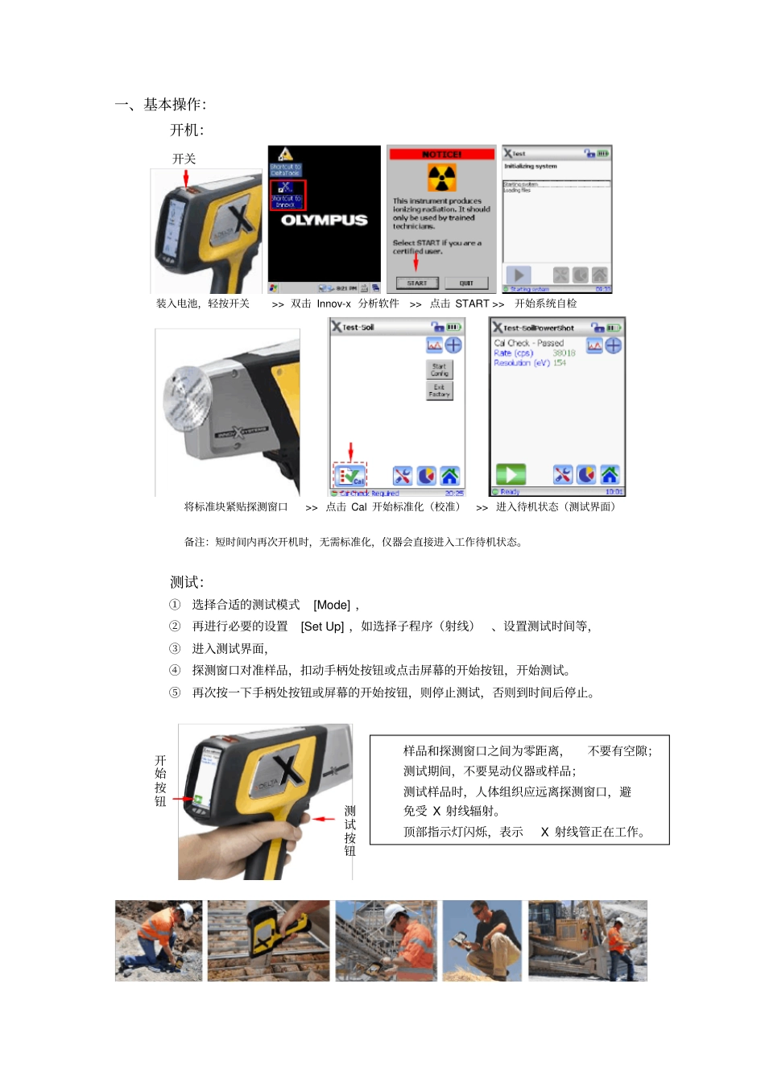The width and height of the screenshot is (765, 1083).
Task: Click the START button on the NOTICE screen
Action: pyautogui.click(x=417, y=283)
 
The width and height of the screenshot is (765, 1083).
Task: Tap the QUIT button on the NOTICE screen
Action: pyautogui.click(x=466, y=283)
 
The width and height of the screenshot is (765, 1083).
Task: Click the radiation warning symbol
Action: pyautogui.click(x=441, y=178)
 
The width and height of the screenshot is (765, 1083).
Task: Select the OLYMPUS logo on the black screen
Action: pyautogui.click(x=325, y=220)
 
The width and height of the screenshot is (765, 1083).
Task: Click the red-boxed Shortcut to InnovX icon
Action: pyautogui.click(x=287, y=195)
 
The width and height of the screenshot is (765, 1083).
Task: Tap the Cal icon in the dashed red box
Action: pyautogui.click(x=350, y=475)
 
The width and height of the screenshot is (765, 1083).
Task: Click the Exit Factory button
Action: pyautogui.click(x=439, y=391)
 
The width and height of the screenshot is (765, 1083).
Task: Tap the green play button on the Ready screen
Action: pyautogui.click(x=511, y=474)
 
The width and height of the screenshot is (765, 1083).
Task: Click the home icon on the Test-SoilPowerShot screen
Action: pyautogui.click(x=610, y=474)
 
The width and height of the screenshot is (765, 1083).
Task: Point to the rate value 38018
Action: pyautogui.click(x=564, y=353)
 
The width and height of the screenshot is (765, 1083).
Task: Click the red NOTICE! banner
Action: pyautogui.click(x=441, y=153)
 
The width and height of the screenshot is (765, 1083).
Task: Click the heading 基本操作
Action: pyautogui.click(x=174, y=104)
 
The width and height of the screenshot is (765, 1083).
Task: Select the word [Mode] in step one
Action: pyautogui.click(x=332, y=605)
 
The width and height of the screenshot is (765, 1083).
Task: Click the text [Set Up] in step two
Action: pyautogui.click(x=322, y=626)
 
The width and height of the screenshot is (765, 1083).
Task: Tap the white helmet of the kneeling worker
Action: pyautogui.click(x=186, y=911)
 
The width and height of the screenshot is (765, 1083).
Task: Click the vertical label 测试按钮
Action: pyautogui.click(x=349, y=830)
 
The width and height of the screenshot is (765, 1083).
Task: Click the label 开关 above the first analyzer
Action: pyautogui.click(x=184, y=159)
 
